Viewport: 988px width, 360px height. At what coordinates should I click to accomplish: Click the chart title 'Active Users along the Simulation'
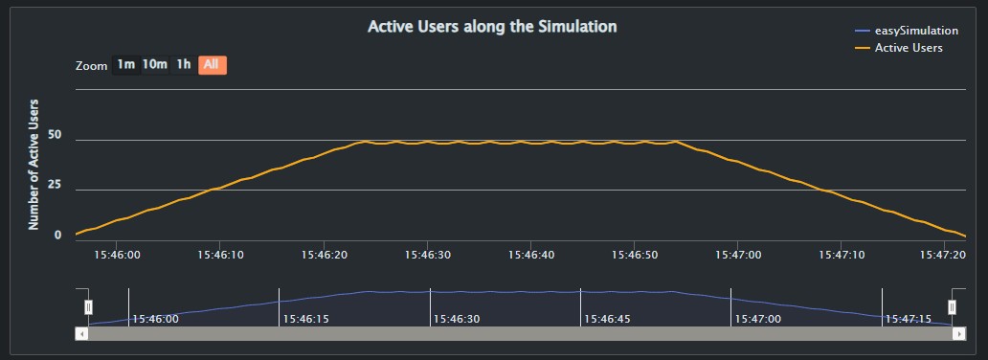click(492, 27)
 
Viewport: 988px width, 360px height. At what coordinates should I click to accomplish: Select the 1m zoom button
click(126, 65)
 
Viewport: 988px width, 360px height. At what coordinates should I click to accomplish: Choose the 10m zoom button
click(155, 65)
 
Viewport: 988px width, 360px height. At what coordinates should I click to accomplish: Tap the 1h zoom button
click(183, 65)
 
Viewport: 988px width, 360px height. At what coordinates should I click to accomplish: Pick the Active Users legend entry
click(909, 48)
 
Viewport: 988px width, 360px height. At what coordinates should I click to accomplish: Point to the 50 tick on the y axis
click(54, 136)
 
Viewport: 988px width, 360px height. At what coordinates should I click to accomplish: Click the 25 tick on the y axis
click(54, 186)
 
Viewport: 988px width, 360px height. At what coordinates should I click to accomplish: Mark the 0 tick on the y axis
click(58, 236)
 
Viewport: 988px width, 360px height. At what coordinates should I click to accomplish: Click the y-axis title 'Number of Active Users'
click(34, 164)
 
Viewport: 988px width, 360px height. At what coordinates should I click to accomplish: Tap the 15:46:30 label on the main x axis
click(430, 256)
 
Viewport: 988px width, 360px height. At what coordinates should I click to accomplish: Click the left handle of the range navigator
click(88, 306)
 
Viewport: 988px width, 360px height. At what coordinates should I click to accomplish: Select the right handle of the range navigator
click(952, 306)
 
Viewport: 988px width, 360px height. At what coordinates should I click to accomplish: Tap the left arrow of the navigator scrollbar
click(81, 333)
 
